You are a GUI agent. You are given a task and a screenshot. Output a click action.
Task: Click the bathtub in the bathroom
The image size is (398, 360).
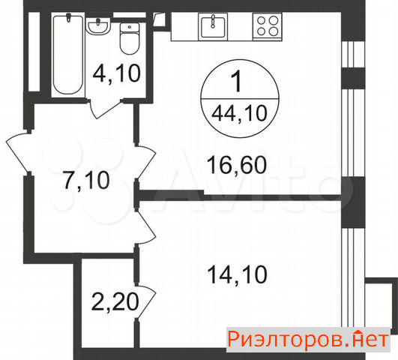pyautogui.click(x=68, y=55)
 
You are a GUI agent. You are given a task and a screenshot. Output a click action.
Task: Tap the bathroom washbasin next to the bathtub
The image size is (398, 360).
pyautogui.click(x=98, y=26)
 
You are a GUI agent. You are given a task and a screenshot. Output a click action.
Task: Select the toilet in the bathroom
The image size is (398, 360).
pyautogui.click(x=130, y=38)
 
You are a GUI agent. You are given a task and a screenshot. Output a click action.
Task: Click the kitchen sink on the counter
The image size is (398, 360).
pyautogui.click(x=213, y=26)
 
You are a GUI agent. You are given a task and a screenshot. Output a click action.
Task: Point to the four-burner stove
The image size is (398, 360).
pyautogui.click(x=268, y=26)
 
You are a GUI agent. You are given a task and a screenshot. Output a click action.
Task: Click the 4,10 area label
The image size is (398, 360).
pyautogui.click(x=116, y=73)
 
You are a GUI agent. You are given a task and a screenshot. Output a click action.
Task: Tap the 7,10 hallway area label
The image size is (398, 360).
pyautogui.click(x=86, y=180)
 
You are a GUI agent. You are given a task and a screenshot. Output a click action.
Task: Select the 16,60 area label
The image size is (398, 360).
pyautogui.click(x=237, y=165)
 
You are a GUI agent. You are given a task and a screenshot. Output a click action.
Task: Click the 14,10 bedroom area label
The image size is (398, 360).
pyautogui.click(x=238, y=274)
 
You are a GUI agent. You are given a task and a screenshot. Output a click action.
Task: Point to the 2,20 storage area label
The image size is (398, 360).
pyautogui.click(x=115, y=301)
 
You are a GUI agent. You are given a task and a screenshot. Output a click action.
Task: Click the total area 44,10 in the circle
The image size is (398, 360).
pyautogui.click(x=239, y=113)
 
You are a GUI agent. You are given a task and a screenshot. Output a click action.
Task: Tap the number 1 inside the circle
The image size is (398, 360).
pyautogui.click(x=238, y=81)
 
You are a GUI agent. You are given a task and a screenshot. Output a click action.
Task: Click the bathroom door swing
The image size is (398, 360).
pyautogui.click(x=105, y=109)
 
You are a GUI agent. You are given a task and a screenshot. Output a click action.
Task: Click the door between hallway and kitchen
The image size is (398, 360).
pyautogui.click(x=145, y=162)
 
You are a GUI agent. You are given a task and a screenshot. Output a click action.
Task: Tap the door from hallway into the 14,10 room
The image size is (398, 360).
pyautogui.click(x=145, y=226)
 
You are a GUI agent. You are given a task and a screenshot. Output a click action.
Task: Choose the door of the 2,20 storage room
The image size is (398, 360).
pyautogui.click(x=145, y=301)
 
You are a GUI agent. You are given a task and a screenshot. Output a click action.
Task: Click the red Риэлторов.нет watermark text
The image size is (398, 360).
pyautogui.click(x=308, y=340)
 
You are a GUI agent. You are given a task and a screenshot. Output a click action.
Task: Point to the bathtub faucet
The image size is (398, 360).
pyautogui.click(x=67, y=18)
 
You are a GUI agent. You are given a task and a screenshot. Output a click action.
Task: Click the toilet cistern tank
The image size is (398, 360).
pyautogui.click(x=130, y=28)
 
